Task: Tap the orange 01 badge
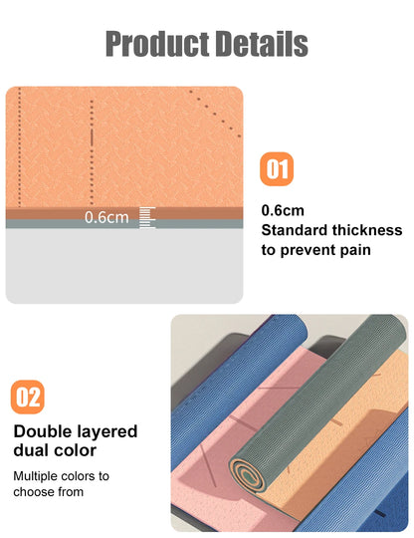click(x=278, y=169)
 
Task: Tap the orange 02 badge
click(x=29, y=398)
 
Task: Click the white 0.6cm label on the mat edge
click(x=106, y=217)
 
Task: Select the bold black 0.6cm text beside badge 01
click(x=283, y=211)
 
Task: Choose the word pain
click(x=350, y=250)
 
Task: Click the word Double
click(x=47, y=432)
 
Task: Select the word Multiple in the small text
click(x=38, y=476)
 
